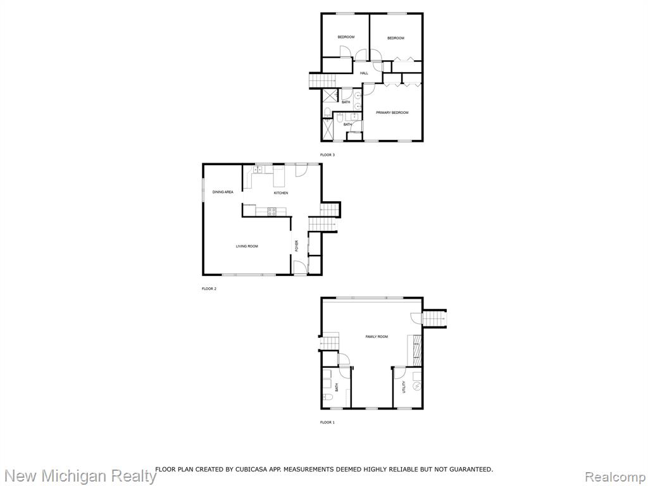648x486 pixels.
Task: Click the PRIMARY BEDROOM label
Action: [x=392, y=113]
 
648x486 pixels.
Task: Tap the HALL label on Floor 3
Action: [x=364, y=73]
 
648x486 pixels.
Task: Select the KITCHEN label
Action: [x=280, y=193]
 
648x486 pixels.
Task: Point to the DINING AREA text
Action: [x=223, y=192]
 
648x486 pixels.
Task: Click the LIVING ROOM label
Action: [x=247, y=246]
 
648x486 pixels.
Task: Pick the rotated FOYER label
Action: [x=296, y=246]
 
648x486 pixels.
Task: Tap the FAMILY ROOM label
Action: [x=377, y=337]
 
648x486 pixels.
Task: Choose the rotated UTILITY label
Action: [x=404, y=387]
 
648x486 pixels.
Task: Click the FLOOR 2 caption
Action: [x=209, y=289]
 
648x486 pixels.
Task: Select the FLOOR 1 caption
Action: [x=327, y=422]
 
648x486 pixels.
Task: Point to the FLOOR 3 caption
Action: [x=327, y=155]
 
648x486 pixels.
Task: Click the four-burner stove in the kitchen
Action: [x=272, y=211]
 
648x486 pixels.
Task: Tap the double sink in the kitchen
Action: [x=258, y=169]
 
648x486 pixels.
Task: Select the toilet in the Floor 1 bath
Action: [x=328, y=398]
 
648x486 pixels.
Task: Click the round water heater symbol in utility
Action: [x=418, y=387]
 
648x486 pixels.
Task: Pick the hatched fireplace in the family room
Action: [x=417, y=350]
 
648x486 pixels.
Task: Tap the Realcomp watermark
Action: [x=616, y=477]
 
